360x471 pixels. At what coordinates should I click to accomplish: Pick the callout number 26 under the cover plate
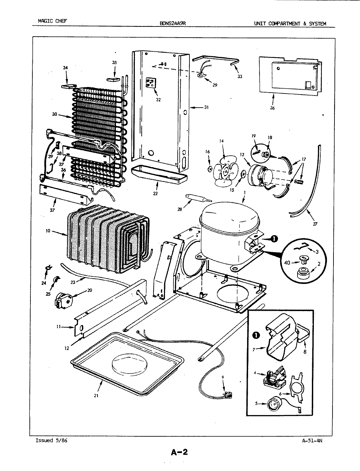point(273,108)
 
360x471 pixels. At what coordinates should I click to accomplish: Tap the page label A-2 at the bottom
point(179,452)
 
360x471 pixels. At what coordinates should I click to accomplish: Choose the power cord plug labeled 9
point(227,395)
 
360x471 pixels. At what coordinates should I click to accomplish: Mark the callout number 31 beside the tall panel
point(206,107)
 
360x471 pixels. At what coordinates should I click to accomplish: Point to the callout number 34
point(65,68)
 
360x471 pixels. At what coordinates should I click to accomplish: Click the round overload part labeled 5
point(271,404)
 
